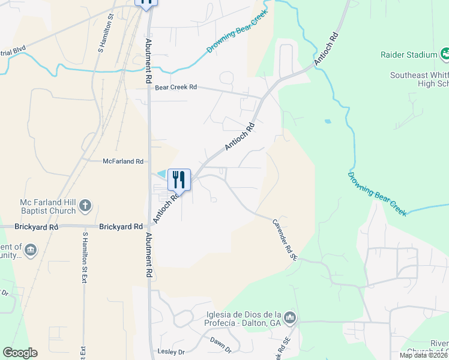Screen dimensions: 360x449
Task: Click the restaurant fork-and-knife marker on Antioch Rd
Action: (179, 179)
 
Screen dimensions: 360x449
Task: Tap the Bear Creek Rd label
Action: (176, 88)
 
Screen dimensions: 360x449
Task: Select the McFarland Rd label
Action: (123, 161)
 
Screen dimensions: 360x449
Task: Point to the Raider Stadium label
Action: (409, 55)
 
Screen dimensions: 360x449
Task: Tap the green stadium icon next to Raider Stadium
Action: (445, 55)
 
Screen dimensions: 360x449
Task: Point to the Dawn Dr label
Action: (220, 344)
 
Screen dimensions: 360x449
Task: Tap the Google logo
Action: (20, 353)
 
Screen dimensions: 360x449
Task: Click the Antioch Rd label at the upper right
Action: (327, 49)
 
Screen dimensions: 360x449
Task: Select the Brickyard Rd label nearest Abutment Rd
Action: (121, 227)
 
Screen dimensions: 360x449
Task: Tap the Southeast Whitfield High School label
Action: (420, 79)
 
